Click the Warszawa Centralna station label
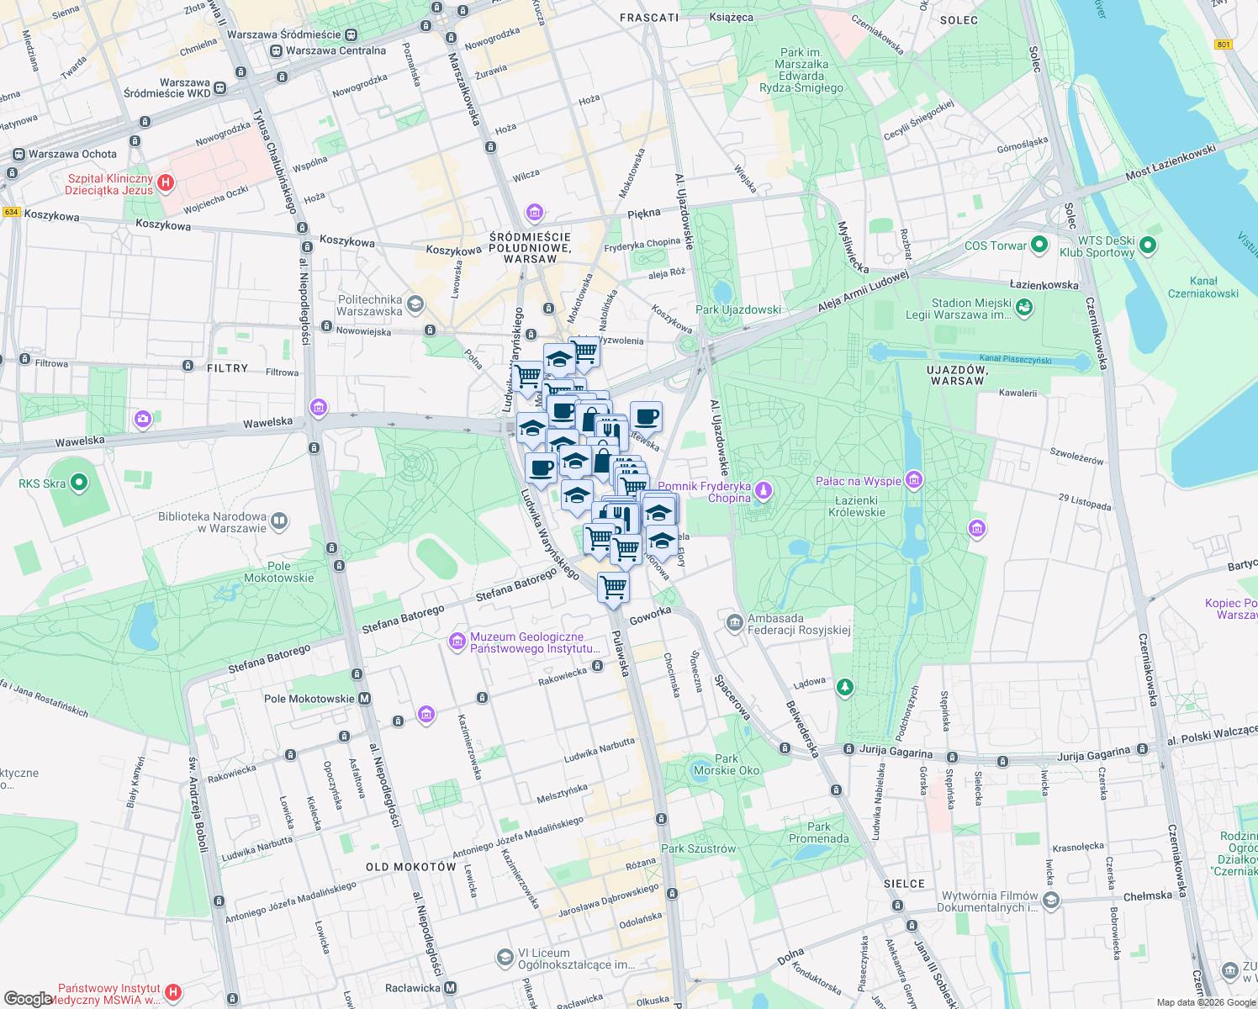coord(335,50)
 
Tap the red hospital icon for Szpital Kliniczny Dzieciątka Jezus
coord(166,182)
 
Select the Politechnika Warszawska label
coord(370,305)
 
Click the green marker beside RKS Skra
coord(79,483)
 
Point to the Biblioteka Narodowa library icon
coord(279,521)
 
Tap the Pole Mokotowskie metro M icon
coord(365,699)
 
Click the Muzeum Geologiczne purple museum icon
coord(457,642)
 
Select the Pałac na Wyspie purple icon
coord(914,480)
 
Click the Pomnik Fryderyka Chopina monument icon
coord(763,489)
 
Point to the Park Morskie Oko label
coord(727,764)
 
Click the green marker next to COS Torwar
coord(1039,245)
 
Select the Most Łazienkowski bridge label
coord(1171,163)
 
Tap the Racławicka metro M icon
coord(451,988)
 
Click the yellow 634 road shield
coord(11,212)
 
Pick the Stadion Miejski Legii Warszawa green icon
coord(1024,308)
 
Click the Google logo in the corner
coord(28,998)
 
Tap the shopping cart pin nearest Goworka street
coord(613,587)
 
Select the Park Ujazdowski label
coord(738,309)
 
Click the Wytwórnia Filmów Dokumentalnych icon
coord(1051,901)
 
